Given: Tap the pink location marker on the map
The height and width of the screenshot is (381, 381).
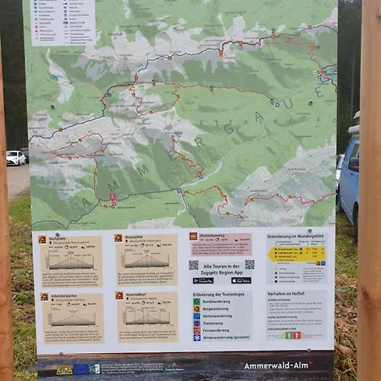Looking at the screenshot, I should tap(113, 197).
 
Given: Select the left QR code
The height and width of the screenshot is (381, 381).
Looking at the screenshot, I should tap(194, 265).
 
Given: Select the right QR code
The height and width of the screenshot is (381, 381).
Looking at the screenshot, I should tap(250, 264).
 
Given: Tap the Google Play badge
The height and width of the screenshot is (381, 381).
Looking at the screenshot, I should tap(205, 280).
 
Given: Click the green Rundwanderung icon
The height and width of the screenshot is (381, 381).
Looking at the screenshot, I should tap(196, 301).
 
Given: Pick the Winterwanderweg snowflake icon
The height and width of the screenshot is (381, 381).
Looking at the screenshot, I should tap(196, 336).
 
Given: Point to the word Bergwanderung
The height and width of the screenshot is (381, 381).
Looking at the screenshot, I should tap(218, 308).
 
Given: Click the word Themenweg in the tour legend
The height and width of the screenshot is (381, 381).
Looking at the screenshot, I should tap(215, 323).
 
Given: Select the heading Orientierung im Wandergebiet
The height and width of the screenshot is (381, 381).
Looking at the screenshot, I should tap(295, 235).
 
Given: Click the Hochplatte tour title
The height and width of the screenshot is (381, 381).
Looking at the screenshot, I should tap(59, 238).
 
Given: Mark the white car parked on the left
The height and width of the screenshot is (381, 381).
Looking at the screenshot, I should tap(15, 157).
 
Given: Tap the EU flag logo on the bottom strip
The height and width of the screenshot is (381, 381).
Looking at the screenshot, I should tap(80, 369).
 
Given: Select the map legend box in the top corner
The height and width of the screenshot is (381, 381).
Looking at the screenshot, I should tap(63, 22).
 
